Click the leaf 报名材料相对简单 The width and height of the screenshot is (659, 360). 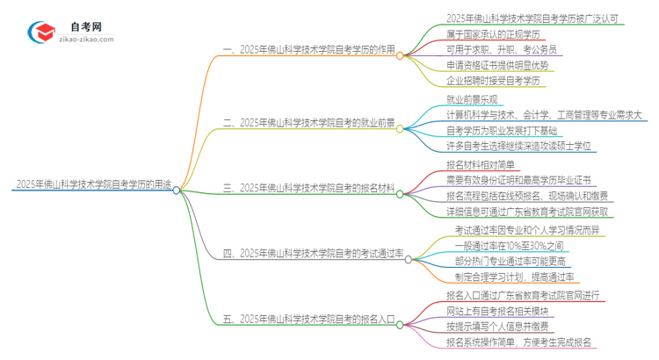(x=482, y=164)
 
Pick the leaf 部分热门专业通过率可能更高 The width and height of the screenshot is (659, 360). (x=511, y=262)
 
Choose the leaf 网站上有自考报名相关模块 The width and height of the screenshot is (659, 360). (x=500, y=311)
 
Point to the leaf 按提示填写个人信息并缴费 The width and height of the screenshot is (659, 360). (x=500, y=327)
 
